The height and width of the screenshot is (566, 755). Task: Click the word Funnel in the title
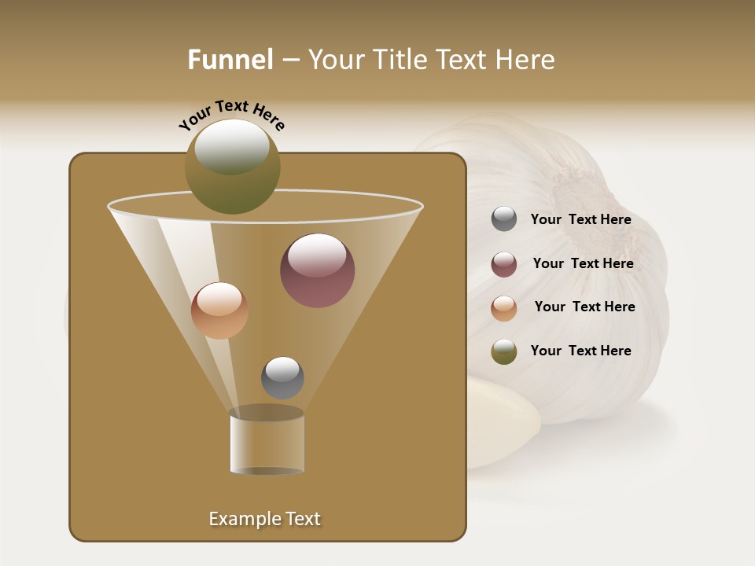coord(230,60)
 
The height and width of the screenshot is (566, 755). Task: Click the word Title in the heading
coord(396,60)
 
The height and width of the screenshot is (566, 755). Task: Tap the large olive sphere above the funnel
coord(232,166)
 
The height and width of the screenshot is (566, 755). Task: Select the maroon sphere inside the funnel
coord(317,270)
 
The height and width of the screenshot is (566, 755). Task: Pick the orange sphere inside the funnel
coord(219,311)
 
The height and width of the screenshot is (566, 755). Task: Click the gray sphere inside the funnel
coord(282,377)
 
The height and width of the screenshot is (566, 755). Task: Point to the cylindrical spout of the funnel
coord(267,443)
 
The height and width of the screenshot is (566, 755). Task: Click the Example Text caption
coord(264,519)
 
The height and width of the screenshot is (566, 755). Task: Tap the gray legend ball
coord(504,219)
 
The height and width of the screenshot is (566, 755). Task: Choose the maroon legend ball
coord(504,264)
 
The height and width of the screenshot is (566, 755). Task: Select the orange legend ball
coord(504,307)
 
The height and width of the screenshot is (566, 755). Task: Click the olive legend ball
coord(504,351)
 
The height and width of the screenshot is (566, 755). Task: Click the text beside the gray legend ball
coord(580,220)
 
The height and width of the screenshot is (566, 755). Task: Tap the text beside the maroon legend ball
coord(583,264)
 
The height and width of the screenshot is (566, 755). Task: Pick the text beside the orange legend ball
coord(584,307)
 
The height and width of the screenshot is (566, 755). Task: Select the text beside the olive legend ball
coord(580,351)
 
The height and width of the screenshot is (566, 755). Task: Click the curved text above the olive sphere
coord(231,115)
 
